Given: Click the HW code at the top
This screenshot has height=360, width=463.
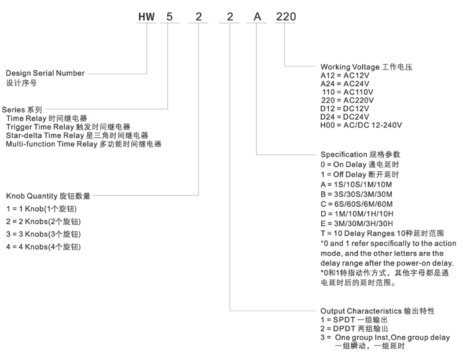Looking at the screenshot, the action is tap(146, 17).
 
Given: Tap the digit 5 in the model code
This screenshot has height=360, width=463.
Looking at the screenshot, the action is tap(169, 17).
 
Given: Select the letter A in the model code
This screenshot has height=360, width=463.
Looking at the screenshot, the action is tap(257, 17).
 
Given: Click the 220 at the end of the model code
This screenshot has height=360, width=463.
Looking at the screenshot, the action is tap(286, 17).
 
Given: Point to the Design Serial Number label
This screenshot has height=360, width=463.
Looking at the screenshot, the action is tap(45, 73).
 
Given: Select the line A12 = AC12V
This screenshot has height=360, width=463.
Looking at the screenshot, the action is tap(345, 75).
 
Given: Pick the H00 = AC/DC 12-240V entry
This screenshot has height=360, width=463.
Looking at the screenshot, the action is tap(361, 125).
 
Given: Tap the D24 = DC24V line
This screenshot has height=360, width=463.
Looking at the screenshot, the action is tap(344, 117).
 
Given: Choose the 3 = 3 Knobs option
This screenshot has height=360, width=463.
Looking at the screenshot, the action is tap(43, 234).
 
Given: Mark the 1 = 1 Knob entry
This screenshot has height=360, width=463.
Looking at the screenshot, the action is tap(41, 209).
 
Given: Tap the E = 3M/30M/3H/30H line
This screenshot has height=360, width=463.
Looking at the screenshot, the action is tap(357, 223).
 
